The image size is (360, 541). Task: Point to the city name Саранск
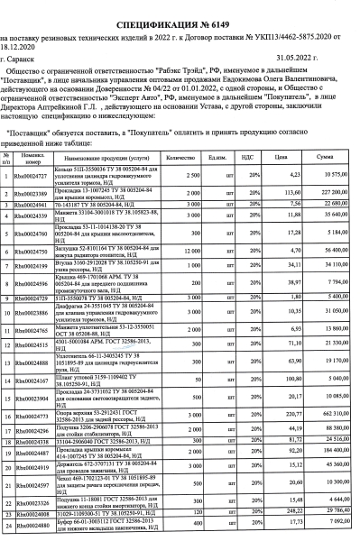23,56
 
